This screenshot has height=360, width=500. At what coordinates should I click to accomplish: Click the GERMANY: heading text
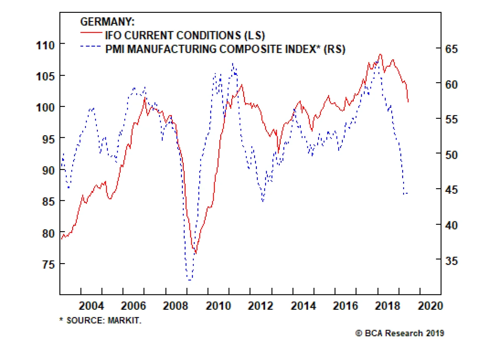(x=107, y=22)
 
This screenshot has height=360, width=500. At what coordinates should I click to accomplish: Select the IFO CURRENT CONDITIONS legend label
(x=185, y=35)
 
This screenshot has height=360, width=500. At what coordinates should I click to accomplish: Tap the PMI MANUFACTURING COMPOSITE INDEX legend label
(x=225, y=49)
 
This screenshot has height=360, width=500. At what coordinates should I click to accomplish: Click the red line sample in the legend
(x=91, y=32)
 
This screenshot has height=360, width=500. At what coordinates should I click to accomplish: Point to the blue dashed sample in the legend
(x=91, y=46)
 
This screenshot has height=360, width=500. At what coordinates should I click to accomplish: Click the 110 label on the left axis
(x=46, y=45)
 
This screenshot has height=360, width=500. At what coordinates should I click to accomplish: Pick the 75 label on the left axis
(x=48, y=265)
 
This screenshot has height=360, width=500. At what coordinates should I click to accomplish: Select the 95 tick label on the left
(x=48, y=139)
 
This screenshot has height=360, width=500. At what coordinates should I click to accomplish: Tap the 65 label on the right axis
(x=451, y=49)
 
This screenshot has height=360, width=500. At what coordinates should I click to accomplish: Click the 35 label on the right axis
(x=451, y=261)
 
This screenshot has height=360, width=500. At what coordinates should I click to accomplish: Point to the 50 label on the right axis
(x=451, y=155)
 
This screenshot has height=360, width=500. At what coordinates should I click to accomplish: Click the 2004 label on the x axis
(x=91, y=306)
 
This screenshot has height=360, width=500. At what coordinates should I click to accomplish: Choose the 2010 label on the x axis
(x=218, y=306)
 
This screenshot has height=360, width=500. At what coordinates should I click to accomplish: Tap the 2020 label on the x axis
(x=430, y=306)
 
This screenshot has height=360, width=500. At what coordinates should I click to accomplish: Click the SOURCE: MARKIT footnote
(x=101, y=320)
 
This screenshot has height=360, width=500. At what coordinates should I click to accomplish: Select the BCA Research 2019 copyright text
(x=400, y=333)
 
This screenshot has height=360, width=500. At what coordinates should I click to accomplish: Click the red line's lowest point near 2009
(x=196, y=253)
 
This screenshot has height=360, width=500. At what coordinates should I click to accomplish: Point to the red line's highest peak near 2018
(x=380, y=54)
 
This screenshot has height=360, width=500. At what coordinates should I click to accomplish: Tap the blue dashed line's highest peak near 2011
(x=233, y=63)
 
